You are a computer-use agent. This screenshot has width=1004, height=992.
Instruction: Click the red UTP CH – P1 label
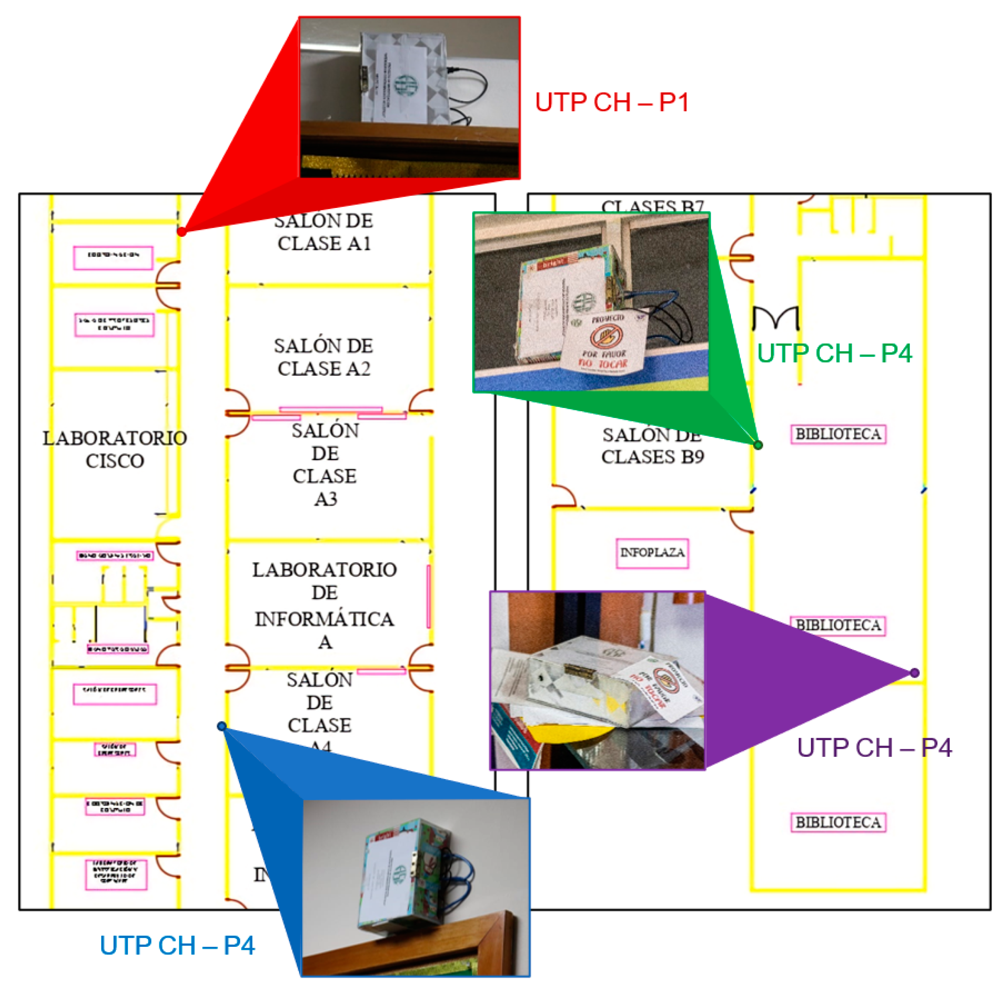tap(612, 103)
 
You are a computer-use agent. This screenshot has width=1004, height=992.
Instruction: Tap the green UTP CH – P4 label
tap(834, 354)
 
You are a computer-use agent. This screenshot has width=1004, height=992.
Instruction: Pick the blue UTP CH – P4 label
tap(177, 946)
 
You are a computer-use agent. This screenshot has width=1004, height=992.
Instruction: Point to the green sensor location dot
tap(758, 445)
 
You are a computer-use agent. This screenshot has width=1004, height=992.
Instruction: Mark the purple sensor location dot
tap(915, 673)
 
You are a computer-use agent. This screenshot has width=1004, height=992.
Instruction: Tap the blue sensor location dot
tap(222, 726)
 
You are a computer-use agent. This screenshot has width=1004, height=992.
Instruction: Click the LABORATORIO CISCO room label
tap(115, 450)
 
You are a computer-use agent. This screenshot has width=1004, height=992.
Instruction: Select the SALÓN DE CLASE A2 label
tap(323, 357)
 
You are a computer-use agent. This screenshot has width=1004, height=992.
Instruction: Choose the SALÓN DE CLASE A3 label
tap(325, 464)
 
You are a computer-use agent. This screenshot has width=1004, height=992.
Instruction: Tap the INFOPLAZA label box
tap(652, 553)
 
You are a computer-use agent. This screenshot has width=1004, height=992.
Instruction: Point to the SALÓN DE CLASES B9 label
tap(653, 446)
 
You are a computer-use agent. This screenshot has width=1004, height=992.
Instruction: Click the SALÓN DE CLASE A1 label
tap(323, 232)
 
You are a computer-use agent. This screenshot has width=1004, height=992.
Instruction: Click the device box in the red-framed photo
tap(403, 78)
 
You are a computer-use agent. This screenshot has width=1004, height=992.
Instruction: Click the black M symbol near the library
tap(775, 318)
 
